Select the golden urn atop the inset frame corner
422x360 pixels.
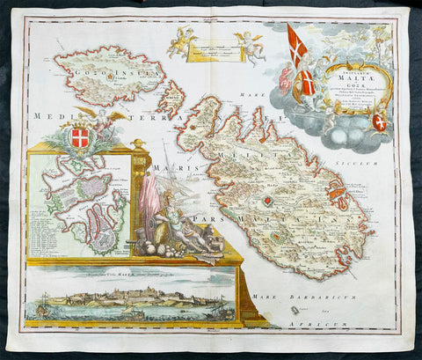(x=136, y=143)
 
